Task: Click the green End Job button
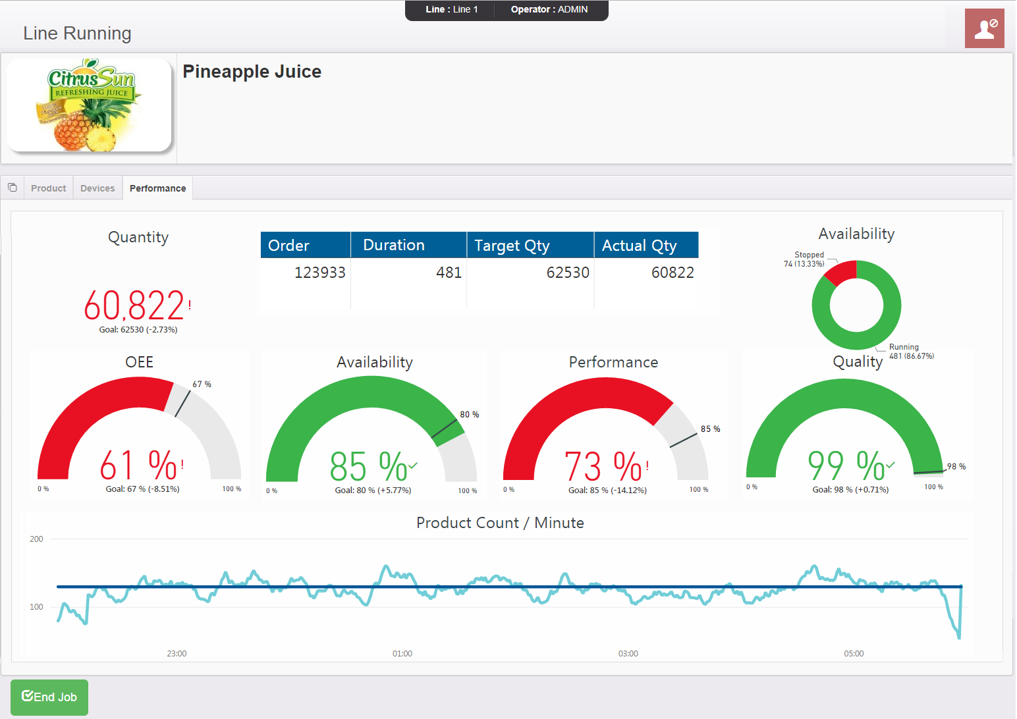[49, 697]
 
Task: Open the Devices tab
[97, 188]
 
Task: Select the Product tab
[48, 188]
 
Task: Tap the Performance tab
[157, 188]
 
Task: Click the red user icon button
[984, 28]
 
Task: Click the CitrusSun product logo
[89, 105]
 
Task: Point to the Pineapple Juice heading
[252, 72]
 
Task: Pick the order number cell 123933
[319, 273]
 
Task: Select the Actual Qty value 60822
[673, 273]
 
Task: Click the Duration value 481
[449, 273]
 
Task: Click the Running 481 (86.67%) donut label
[911, 352]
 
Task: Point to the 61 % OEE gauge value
[138, 466]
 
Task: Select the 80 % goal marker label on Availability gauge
[470, 415]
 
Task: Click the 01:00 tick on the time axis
[402, 654]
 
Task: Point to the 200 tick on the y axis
[36, 539]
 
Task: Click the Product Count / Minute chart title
[500, 523]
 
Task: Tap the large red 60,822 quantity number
[134, 306]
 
